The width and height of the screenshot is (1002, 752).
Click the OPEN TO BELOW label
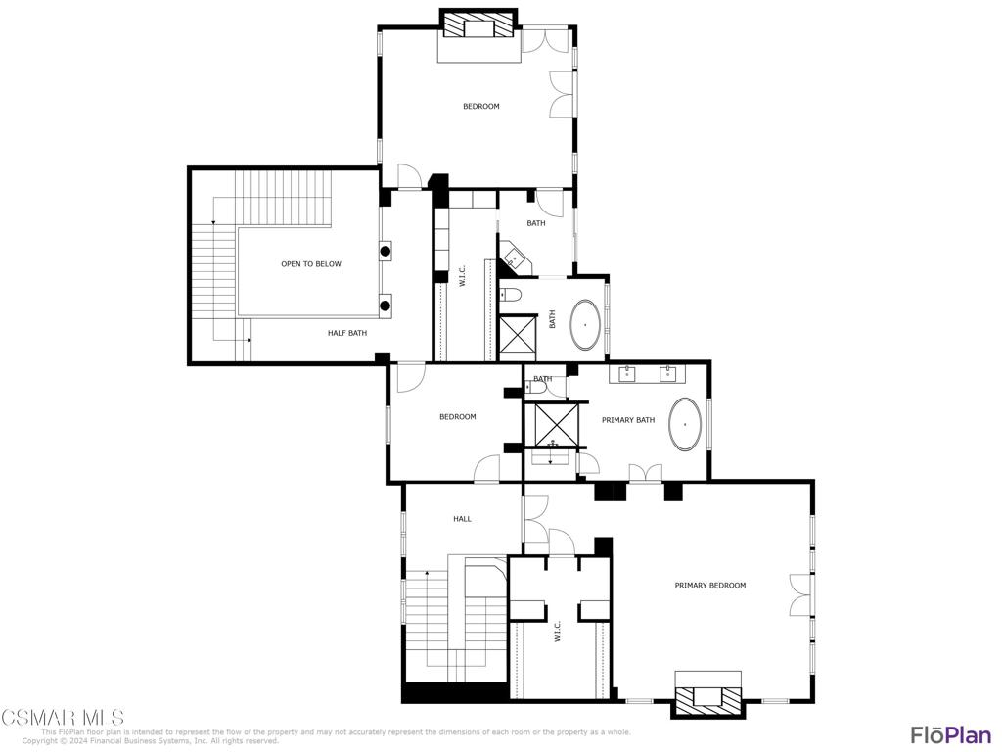point(311,264)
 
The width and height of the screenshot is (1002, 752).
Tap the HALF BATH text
point(347,333)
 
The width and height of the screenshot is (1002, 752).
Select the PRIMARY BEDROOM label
point(710,586)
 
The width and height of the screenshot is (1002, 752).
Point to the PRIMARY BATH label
point(628,420)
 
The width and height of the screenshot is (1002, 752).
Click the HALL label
point(462,519)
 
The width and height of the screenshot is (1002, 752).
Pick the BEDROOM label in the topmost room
point(481,106)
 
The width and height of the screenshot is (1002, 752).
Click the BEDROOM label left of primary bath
point(457,417)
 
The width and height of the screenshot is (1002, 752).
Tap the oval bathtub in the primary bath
point(686,425)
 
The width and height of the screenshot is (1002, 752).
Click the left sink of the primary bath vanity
point(626,373)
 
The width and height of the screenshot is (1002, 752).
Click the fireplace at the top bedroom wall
point(478,24)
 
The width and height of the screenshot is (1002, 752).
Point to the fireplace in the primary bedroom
point(707,698)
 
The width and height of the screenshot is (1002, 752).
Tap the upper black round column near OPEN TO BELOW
point(387,251)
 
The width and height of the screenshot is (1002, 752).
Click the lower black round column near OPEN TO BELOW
point(387,305)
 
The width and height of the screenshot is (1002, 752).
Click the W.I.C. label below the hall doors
point(557,631)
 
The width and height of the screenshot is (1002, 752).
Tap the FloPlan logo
point(950,734)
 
